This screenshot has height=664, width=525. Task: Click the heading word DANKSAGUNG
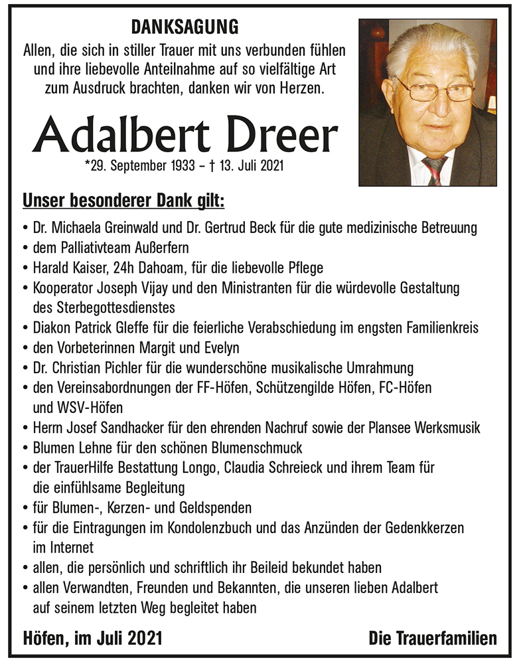pyautogui.click(x=185, y=28)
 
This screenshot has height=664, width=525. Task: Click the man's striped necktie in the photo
pyautogui.click(x=434, y=169)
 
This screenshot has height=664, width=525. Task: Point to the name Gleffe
pyautogui.click(x=143, y=328)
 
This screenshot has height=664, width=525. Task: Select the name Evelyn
pyautogui.click(x=220, y=348)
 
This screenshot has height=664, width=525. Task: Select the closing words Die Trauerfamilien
pyautogui.click(x=433, y=639)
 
